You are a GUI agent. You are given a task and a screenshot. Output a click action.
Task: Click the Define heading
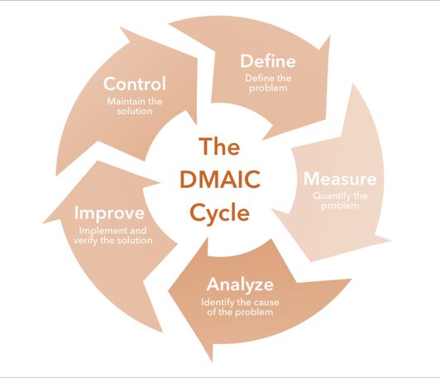click(x=268, y=61)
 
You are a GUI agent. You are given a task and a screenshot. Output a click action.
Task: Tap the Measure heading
click(x=340, y=179)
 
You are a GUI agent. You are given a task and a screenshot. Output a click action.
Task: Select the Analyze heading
click(x=240, y=285)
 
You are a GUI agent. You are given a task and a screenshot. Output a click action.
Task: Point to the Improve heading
click(x=109, y=214)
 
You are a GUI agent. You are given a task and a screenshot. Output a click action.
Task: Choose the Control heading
click(x=135, y=84)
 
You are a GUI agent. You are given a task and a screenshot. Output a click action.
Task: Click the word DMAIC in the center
click(x=220, y=179)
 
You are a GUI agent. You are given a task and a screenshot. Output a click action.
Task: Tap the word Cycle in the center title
click(x=220, y=214)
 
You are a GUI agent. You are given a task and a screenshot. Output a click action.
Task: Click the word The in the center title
click(x=219, y=146)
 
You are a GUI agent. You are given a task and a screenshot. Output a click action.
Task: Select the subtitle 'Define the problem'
click(x=268, y=83)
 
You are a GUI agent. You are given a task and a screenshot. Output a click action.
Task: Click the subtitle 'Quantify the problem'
click(x=340, y=201)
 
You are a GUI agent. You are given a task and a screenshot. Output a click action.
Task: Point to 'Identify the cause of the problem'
click(x=240, y=307)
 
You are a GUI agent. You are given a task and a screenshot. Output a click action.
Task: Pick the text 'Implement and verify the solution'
click(x=112, y=236)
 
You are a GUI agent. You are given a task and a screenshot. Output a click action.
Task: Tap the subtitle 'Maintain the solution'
click(x=135, y=106)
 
